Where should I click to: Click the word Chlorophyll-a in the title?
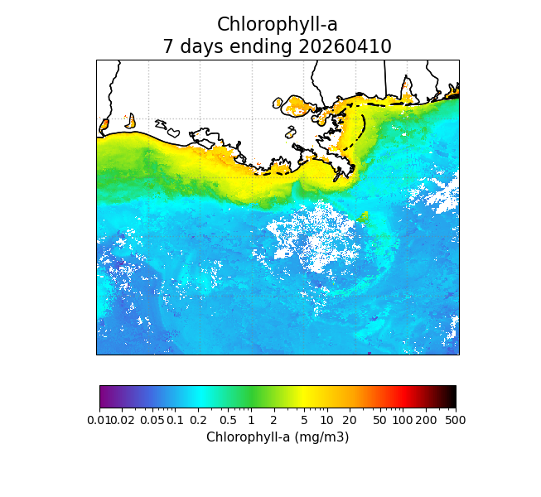click(277, 25)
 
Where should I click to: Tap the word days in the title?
click(197, 46)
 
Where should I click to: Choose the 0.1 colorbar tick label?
click(175, 420)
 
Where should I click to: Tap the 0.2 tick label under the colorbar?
click(199, 420)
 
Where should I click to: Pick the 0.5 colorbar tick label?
click(228, 420)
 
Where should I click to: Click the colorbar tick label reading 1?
click(251, 420)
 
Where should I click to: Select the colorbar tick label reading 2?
click(273, 420)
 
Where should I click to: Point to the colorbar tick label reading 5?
click(304, 420)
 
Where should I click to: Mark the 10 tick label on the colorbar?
click(326, 420)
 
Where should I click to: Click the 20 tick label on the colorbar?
click(350, 420)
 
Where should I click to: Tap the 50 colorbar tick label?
click(379, 420)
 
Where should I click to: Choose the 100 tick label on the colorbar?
click(403, 420)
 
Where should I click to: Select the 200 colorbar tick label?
click(426, 420)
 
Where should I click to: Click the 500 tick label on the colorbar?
click(456, 420)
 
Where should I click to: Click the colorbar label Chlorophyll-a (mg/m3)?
click(278, 437)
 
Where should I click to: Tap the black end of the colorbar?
click(452, 397)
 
